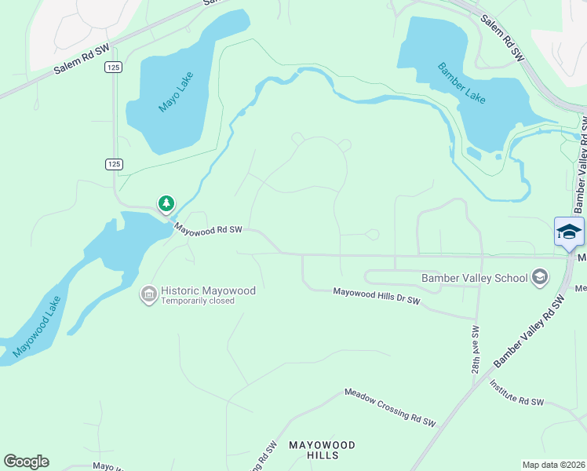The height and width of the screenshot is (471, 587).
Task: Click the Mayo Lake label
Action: [x=176, y=92]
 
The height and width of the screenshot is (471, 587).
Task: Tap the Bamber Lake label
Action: [x=463, y=82]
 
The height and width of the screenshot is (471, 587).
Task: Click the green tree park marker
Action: [x=166, y=204]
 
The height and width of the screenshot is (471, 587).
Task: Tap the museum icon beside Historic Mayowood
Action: [x=148, y=294]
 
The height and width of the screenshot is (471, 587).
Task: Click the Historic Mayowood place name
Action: [x=208, y=290]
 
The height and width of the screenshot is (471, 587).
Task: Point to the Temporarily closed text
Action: [x=198, y=301]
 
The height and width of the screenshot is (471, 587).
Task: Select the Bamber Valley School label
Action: [x=475, y=277]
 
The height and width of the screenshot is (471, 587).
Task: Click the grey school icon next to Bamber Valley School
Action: [x=539, y=276]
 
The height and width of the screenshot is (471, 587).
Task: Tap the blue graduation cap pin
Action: [x=568, y=232]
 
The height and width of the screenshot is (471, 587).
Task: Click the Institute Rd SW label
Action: [x=516, y=392]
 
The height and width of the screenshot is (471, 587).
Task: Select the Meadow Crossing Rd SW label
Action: [x=390, y=407]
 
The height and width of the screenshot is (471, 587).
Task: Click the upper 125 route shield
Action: [x=114, y=68]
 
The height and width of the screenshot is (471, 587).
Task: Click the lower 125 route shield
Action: [x=114, y=163]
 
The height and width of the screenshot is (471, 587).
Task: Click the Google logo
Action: [x=26, y=462]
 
